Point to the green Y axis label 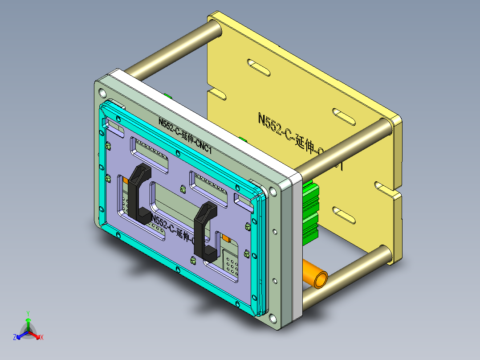tap(28, 313)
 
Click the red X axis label tap(41, 338)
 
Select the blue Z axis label tap(15, 338)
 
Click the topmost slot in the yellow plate tap(258, 66)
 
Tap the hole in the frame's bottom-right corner tap(272, 318)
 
